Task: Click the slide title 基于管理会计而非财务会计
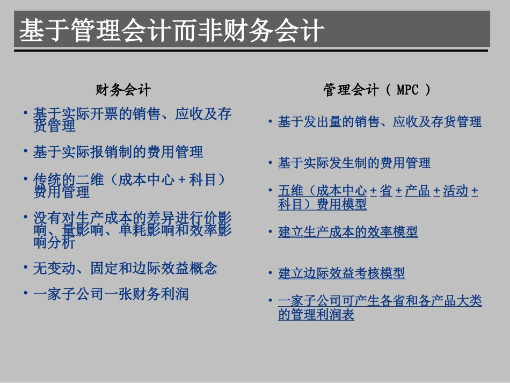pyautogui.click(x=172, y=31)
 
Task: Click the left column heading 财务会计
pyautogui.click(x=123, y=90)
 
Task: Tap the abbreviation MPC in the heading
pyautogui.click(x=407, y=90)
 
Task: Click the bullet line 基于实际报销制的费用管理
pyautogui.click(x=118, y=152)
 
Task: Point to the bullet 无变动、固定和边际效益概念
pyautogui.click(x=125, y=268)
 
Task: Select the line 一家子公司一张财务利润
pyautogui.click(x=111, y=294)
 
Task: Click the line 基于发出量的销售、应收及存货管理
pyautogui.click(x=380, y=122)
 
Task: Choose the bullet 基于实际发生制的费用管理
pyautogui.click(x=354, y=163)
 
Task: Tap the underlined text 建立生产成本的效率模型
pyautogui.click(x=348, y=232)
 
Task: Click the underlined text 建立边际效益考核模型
pyautogui.click(x=341, y=273)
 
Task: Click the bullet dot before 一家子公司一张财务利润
pyautogui.click(x=25, y=293)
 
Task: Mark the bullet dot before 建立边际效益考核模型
pyautogui.click(x=271, y=273)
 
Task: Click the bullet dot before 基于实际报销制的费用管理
pyautogui.click(x=25, y=151)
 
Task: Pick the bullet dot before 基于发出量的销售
pyautogui.click(x=271, y=122)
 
